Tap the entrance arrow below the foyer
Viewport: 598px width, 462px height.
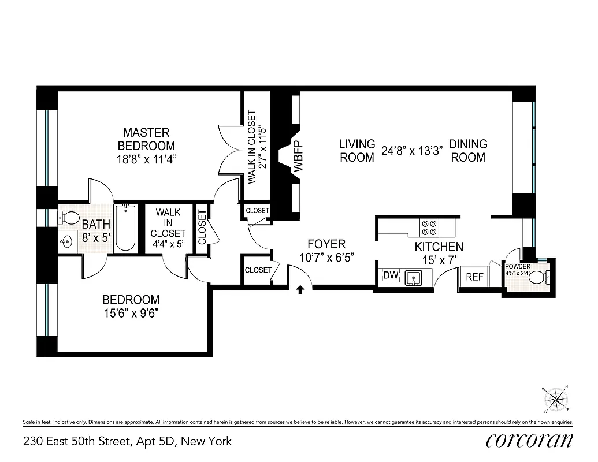(x=300, y=289)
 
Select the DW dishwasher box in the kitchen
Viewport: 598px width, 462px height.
(x=391, y=275)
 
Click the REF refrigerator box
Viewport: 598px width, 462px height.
(x=474, y=277)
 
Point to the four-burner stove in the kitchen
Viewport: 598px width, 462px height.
(x=429, y=227)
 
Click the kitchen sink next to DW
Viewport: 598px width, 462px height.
(x=414, y=278)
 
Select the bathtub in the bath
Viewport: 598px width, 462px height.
(x=125, y=228)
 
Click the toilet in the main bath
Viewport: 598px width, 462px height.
(x=70, y=218)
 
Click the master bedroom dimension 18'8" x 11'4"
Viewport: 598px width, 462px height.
(x=146, y=159)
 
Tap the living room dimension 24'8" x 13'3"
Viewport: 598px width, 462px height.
(x=412, y=151)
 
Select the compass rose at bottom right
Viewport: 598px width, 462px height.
(x=556, y=399)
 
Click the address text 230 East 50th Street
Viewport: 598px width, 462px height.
(x=127, y=441)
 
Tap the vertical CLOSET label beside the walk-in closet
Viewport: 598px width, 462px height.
(x=202, y=226)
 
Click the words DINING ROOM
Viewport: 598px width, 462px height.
(x=468, y=150)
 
